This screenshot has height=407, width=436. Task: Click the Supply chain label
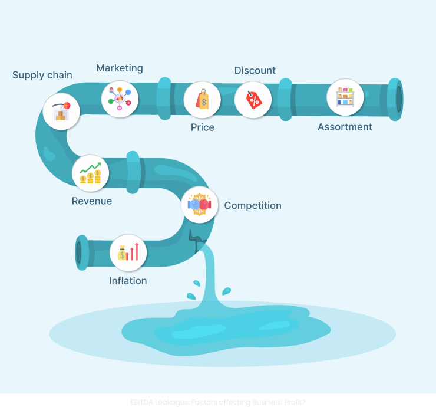pos(42,75)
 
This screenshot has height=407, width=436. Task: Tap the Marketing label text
pos(120,68)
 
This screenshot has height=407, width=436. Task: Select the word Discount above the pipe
pos(255,70)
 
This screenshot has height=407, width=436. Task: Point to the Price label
pos(203,127)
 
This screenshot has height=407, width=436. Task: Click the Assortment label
pos(345,127)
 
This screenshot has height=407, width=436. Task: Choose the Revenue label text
pos(92,201)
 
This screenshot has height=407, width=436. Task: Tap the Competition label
pos(253,205)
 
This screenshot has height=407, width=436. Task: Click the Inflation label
pos(128,281)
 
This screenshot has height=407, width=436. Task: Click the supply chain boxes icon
pos(61,111)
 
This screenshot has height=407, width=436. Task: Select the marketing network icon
pos(120,99)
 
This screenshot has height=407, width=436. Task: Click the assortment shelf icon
pos(345,97)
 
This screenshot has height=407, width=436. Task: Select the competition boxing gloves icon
pos(199,204)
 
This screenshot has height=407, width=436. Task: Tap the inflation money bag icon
pos(128,252)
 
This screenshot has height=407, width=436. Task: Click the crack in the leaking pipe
pos(194,238)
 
